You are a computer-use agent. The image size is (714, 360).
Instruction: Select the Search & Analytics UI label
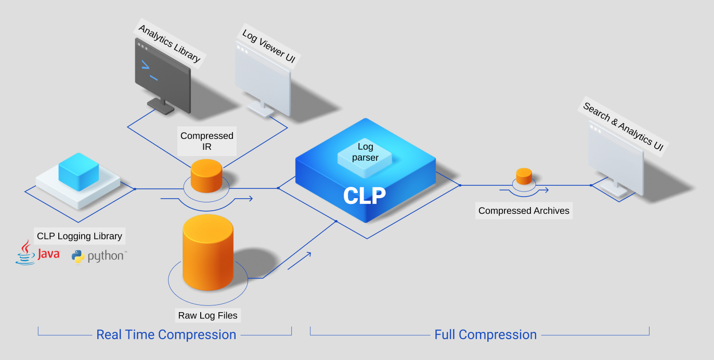coord(623,128)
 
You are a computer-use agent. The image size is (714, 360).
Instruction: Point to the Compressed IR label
coord(207,141)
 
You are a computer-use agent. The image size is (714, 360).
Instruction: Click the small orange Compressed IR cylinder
coord(206,175)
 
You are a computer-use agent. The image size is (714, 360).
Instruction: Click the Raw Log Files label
coord(207,315)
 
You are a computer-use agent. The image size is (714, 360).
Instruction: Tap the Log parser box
coord(365,152)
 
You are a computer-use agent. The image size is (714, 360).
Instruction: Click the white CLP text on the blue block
coord(365,196)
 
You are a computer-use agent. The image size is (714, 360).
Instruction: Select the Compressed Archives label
coord(524,211)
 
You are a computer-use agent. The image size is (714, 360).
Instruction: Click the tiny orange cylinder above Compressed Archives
coord(524,176)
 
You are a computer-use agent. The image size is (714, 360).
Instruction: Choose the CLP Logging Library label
coord(80,236)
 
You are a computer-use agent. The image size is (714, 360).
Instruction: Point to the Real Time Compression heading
coord(166,335)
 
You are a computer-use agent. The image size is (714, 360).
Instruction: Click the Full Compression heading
coord(485,335)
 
